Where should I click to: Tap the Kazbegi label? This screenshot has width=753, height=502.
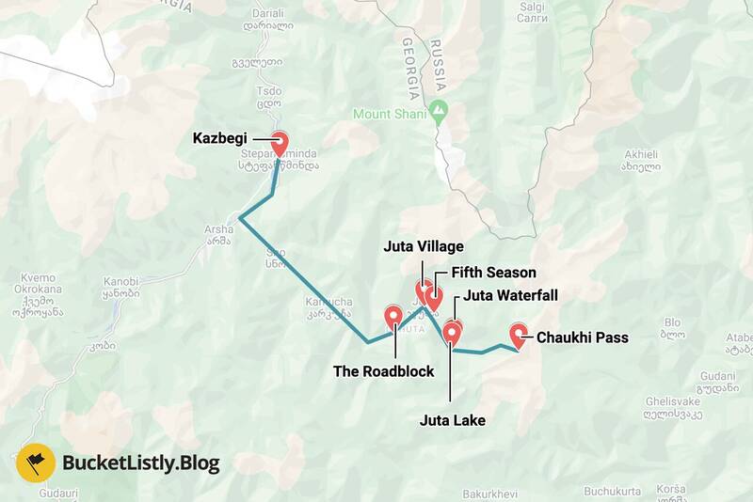coord(221,138)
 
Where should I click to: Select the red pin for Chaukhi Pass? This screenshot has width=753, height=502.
coord(519,335)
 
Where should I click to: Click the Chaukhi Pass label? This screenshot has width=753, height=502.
coord(582,337)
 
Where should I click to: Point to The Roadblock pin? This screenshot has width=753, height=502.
coord(393,317)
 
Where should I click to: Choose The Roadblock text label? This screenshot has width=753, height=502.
coord(384,371)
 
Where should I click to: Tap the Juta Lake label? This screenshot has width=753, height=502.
coord(453,420)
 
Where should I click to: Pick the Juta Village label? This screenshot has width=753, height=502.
coord(424,246)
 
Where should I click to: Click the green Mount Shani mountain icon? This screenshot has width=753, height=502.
coord(438,114)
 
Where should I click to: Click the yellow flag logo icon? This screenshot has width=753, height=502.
coord(35,463)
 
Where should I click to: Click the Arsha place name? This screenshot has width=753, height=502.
coord(218,228)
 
